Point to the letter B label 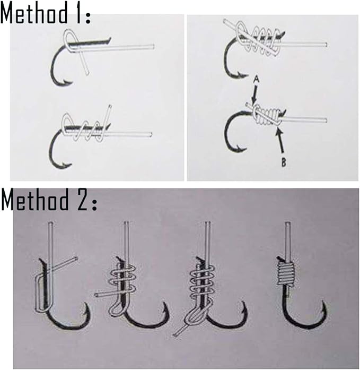[x=284, y=162]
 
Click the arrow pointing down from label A [x=254, y=94]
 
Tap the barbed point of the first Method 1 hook [x=68, y=83]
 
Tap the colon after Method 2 [x=94, y=205]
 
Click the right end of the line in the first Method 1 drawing [x=153, y=46]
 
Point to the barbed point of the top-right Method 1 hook [x=243, y=75]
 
